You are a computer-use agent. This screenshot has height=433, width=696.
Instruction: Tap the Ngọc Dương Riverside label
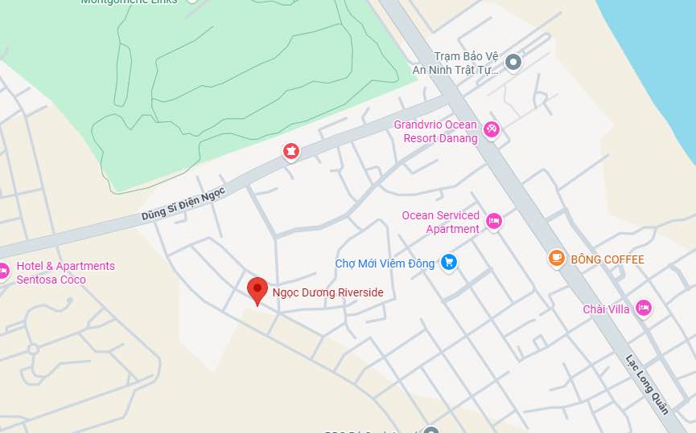(327, 293)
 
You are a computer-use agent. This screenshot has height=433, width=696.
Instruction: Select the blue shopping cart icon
(449, 262)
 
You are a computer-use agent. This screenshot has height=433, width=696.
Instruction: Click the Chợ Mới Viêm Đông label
(385, 263)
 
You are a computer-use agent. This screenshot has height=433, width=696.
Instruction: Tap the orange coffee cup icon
(556, 258)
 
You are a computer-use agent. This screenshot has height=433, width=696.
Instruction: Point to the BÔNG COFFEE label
(607, 259)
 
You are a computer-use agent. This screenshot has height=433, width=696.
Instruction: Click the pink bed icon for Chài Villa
(643, 308)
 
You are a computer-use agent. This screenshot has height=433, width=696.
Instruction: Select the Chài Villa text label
(606, 309)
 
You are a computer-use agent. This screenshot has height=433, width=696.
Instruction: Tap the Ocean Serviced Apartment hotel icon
(493, 221)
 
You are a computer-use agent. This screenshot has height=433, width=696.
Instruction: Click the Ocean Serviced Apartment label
(440, 222)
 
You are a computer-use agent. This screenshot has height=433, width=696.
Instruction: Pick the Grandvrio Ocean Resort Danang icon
(492, 129)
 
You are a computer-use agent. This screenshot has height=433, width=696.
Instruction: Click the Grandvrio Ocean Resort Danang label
(435, 131)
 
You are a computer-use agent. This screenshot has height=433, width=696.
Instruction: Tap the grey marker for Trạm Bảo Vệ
(513, 60)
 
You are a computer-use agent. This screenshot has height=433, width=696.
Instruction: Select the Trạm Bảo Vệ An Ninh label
(456, 63)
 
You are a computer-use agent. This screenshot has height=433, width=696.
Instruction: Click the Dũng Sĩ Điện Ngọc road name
(183, 202)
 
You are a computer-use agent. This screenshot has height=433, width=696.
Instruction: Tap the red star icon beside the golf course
(290, 151)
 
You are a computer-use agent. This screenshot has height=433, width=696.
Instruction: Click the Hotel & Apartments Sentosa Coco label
(66, 272)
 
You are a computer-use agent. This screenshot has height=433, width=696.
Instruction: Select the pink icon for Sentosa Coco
(2, 271)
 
